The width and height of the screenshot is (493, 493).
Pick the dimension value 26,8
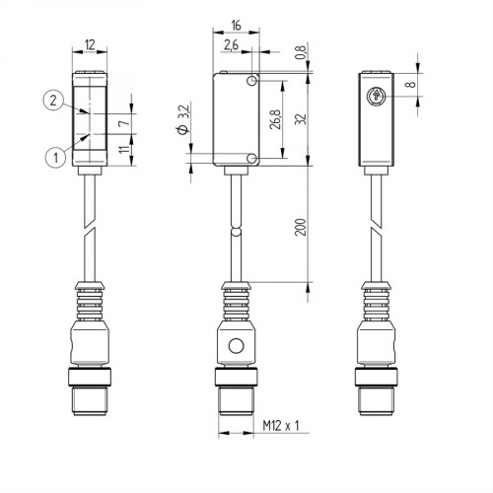click(x=278, y=118)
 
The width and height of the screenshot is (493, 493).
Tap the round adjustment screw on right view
click(x=376, y=97)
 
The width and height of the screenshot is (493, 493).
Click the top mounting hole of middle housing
click(x=254, y=80)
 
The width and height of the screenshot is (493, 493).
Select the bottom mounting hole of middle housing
click(x=254, y=159)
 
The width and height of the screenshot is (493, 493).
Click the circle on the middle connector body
click(x=235, y=347)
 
